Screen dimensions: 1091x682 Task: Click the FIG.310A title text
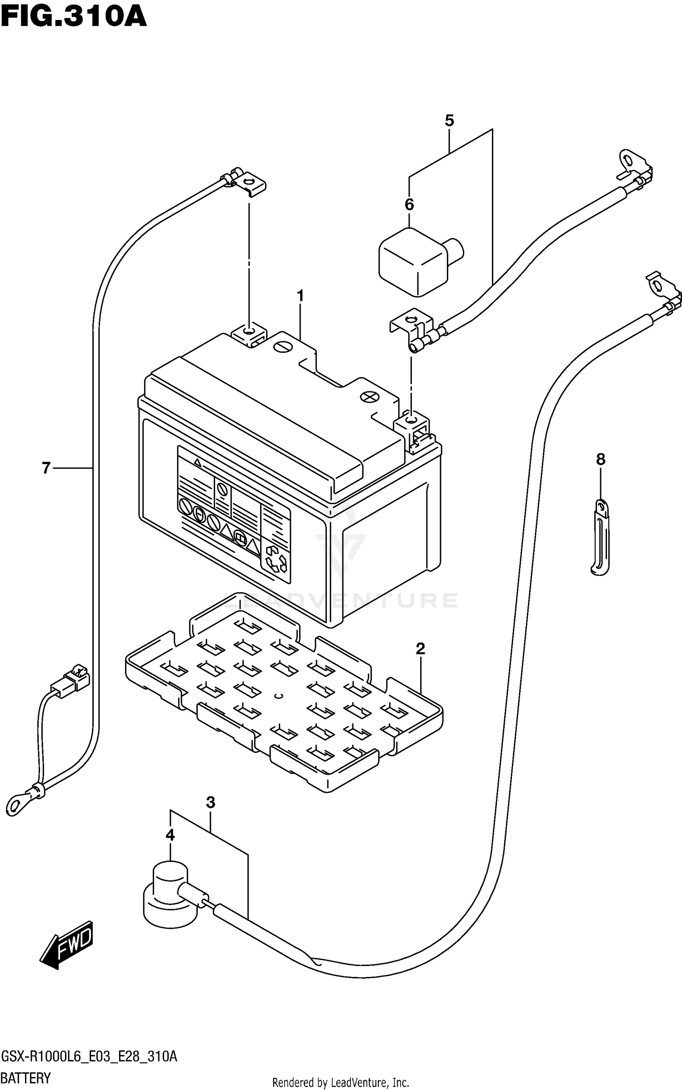click(x=74, y=18)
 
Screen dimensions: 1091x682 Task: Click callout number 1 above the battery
click(x=300, y=296)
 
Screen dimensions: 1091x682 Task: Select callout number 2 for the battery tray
click(x=420, y=648)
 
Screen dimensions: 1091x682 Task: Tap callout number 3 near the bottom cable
click(x=211, y=803)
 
